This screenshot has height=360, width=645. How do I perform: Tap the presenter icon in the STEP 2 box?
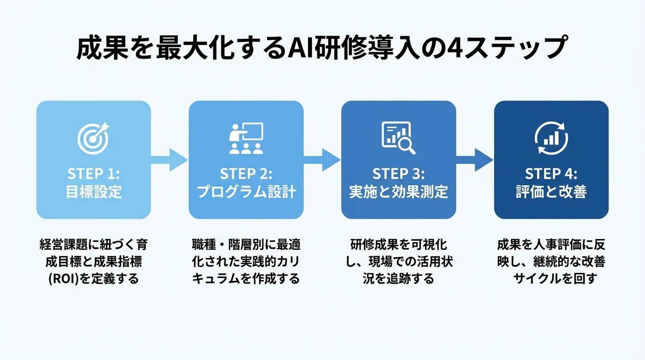point(246,138)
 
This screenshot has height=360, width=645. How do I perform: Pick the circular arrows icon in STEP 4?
point(551,138)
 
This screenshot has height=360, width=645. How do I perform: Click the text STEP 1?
point(94,174)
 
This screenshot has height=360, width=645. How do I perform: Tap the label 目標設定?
point(94,192)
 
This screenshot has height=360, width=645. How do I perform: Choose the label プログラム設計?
point(246,192)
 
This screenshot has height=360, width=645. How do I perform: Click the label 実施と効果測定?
point(398,192)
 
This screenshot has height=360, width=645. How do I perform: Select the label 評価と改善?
point(551,192)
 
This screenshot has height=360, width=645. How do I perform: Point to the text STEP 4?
point(551,174)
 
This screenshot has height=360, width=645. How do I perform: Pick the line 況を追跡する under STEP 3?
point(398,279)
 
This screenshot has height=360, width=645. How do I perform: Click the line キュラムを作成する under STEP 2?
point(246,279)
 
